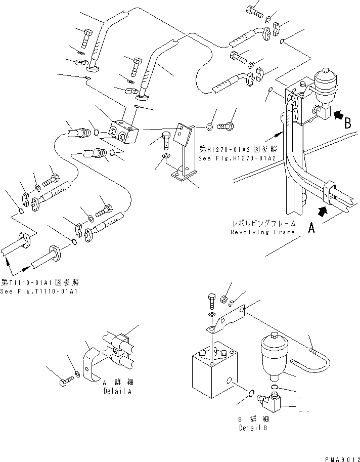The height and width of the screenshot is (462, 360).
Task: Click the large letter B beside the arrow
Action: tap(347, 123)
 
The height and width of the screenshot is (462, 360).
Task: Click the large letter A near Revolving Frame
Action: tap(311, 228)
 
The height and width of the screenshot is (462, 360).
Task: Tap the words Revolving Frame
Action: tap(262, 232)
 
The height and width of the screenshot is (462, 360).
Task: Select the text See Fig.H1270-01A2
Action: tap(237, 158)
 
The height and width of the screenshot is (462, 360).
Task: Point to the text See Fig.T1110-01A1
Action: tap(39, 291)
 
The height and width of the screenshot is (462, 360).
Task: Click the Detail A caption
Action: tap(117, 391)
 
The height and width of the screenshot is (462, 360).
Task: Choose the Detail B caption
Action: tap(253, 428)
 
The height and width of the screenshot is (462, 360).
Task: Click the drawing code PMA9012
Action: tap(342, 459)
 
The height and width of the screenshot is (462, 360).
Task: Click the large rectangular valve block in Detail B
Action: tap(214, 369)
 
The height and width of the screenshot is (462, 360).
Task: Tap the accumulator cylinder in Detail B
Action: tap(274, 357)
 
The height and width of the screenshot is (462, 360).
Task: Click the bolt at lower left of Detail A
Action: tap(66, 382)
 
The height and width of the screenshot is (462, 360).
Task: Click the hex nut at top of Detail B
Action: tap(223, 299)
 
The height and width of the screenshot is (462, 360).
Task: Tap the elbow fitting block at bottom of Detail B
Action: tap(269, 402)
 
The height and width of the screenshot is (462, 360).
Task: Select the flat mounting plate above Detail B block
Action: tap(226, 319)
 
